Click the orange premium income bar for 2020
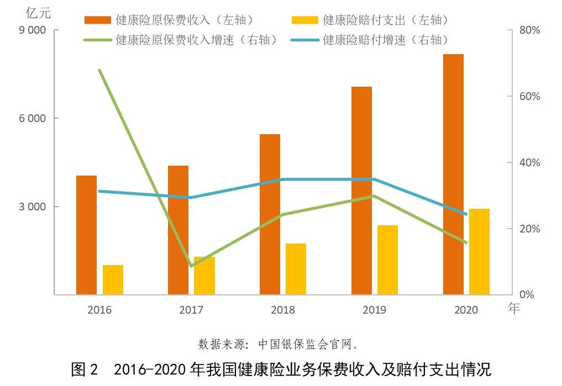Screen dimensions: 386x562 453,174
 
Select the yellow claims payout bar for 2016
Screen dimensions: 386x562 113,280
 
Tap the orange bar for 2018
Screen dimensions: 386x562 270,214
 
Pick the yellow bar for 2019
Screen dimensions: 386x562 387,260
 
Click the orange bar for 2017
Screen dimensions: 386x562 178,230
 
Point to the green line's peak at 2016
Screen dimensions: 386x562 99,70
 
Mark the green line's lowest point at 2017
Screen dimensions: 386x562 191,266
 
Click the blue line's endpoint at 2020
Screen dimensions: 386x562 466,214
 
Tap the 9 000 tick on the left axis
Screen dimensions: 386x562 32,30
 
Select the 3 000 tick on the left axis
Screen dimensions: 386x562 32,207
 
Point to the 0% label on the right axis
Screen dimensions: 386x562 527,294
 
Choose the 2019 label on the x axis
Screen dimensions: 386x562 374,310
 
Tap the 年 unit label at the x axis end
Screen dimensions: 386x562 514,308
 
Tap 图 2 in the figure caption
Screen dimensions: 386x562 85,369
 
